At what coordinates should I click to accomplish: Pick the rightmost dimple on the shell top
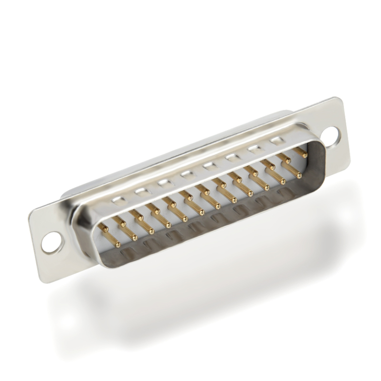tap(276, 141)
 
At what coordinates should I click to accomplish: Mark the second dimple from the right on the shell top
tap(255, 149)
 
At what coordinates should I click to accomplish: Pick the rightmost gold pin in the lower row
tap(299, 175)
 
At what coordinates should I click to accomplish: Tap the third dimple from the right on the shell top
tap(232, 157)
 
